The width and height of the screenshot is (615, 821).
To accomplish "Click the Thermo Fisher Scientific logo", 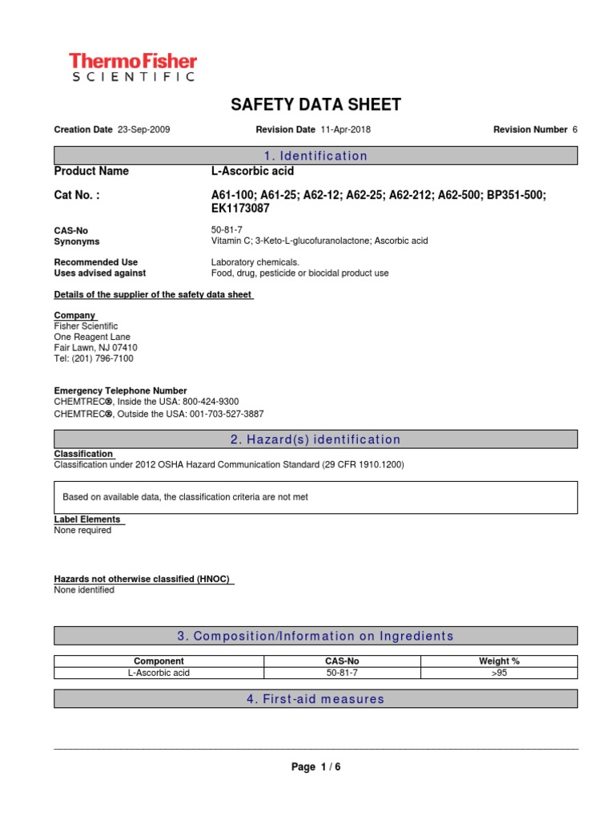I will [132, 67].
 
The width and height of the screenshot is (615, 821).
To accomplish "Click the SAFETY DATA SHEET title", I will [316, 105].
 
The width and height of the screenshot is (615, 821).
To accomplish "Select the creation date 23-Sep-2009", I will [143, 129].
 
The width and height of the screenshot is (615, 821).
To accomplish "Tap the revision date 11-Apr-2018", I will [345, 129].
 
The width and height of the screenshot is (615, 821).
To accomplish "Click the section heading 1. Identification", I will [316, 156].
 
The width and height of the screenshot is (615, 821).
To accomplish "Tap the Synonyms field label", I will [77, 241].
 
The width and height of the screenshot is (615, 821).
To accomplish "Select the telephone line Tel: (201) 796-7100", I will [94, 359].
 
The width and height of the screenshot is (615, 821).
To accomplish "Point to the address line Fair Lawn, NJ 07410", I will [95, 348].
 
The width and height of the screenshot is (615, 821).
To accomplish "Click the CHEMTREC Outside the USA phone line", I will [159, 414].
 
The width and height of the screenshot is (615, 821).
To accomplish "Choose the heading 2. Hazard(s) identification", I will [316, 439].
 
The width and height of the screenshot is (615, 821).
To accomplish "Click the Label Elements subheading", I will [87, 520].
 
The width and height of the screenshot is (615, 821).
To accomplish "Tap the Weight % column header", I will [499, 661].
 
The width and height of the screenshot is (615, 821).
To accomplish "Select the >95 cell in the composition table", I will [499, 673].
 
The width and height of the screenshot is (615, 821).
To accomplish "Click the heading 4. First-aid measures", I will [316, 699].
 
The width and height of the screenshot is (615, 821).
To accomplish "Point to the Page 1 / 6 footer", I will [316, 767].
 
